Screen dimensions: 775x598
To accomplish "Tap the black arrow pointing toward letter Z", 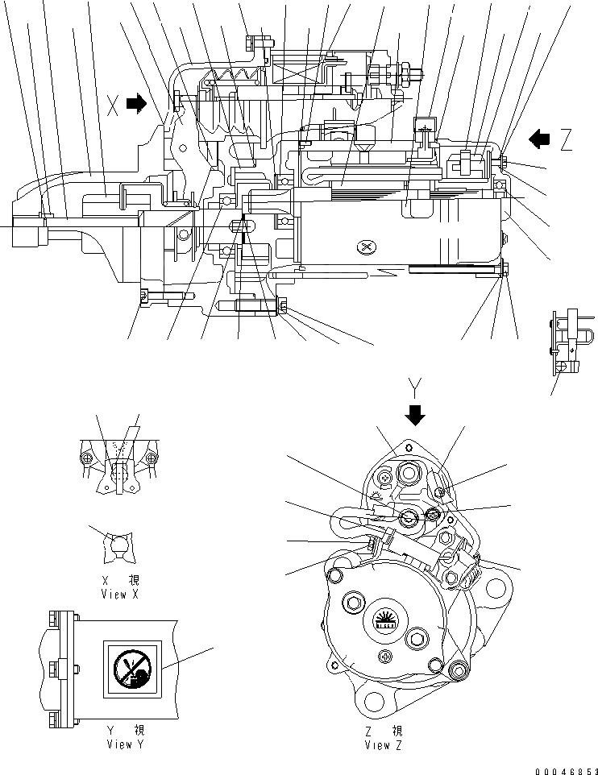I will pyautogui.click(x=538, y=139).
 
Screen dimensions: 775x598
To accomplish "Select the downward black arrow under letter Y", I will pyautogui.click(x=416, y=414).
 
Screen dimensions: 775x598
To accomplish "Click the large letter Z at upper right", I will pyautogui.click(x=567, y=140).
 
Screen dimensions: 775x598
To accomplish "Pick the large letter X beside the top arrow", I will pyautogui.click(x=114, y=103).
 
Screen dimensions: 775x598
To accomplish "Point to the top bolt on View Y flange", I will pyautogui.click(x=55, y=619).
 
